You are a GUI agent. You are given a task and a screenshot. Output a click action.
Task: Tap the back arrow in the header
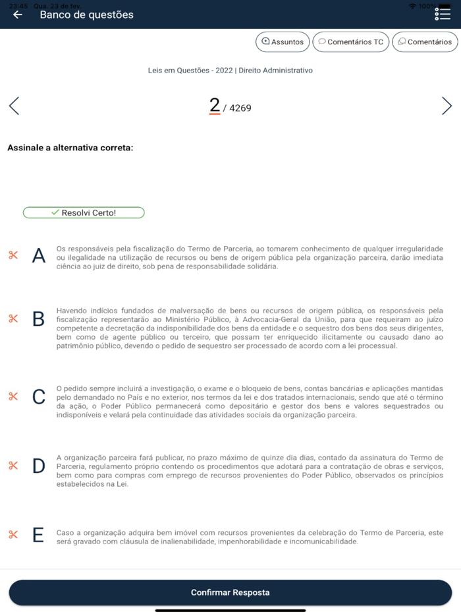(18, 15)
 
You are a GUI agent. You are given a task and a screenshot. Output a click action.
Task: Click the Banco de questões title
(86, 15)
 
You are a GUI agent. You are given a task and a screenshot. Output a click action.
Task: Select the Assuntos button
(283, 42)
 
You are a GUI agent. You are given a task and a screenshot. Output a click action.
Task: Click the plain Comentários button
(425, 42)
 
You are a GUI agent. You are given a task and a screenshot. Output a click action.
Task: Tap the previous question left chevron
(14, 106)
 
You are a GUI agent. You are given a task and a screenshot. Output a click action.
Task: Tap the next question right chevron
(447, 106)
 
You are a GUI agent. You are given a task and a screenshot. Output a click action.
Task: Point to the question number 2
(214, 106)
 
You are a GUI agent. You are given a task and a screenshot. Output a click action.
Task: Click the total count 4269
(240, 108)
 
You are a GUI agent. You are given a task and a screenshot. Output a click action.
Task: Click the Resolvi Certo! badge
(84, 212)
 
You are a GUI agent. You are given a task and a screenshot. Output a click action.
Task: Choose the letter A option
(39, 256)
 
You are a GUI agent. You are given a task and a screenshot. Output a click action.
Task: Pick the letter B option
(39, 319)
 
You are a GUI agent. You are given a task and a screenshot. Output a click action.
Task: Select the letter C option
(39, 396)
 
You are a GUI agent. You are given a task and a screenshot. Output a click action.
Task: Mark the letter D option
(39, 466)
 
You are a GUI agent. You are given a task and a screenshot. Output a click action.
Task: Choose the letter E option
(39, 534)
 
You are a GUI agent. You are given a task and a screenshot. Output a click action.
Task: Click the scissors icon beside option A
(13, 255)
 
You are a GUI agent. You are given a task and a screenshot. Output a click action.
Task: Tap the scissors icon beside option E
(13, 534)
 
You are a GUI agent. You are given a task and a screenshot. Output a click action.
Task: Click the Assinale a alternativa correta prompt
(70, 148)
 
